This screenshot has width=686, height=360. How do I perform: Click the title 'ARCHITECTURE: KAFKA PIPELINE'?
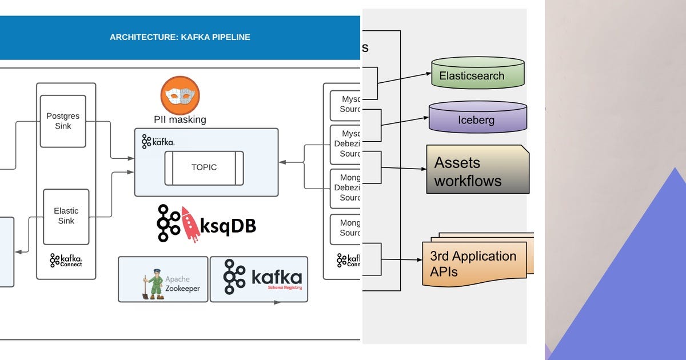pos(180,37)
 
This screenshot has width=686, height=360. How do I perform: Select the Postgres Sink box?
pos(63,121)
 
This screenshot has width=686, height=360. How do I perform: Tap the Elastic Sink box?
pos(66,216)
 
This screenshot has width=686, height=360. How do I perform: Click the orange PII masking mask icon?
pos(180,95)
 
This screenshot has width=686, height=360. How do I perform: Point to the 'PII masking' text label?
pos(180,120)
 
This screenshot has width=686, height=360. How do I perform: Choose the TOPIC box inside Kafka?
pos(204,167)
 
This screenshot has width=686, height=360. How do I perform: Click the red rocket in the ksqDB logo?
pos(190,224)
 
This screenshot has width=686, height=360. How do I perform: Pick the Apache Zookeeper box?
pos(163,279)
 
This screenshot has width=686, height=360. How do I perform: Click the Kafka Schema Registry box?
pos(259,279)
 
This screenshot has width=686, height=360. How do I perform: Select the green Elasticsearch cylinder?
pos(478,73)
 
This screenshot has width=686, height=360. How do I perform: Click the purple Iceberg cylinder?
pos(477,117)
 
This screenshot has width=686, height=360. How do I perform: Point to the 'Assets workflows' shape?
pos(477,170)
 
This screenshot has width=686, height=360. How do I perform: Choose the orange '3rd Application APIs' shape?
pos(474,263)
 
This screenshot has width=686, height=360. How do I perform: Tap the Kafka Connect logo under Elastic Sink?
pos(66,261)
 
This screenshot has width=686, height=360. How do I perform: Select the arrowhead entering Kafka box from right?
pos(282,163)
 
